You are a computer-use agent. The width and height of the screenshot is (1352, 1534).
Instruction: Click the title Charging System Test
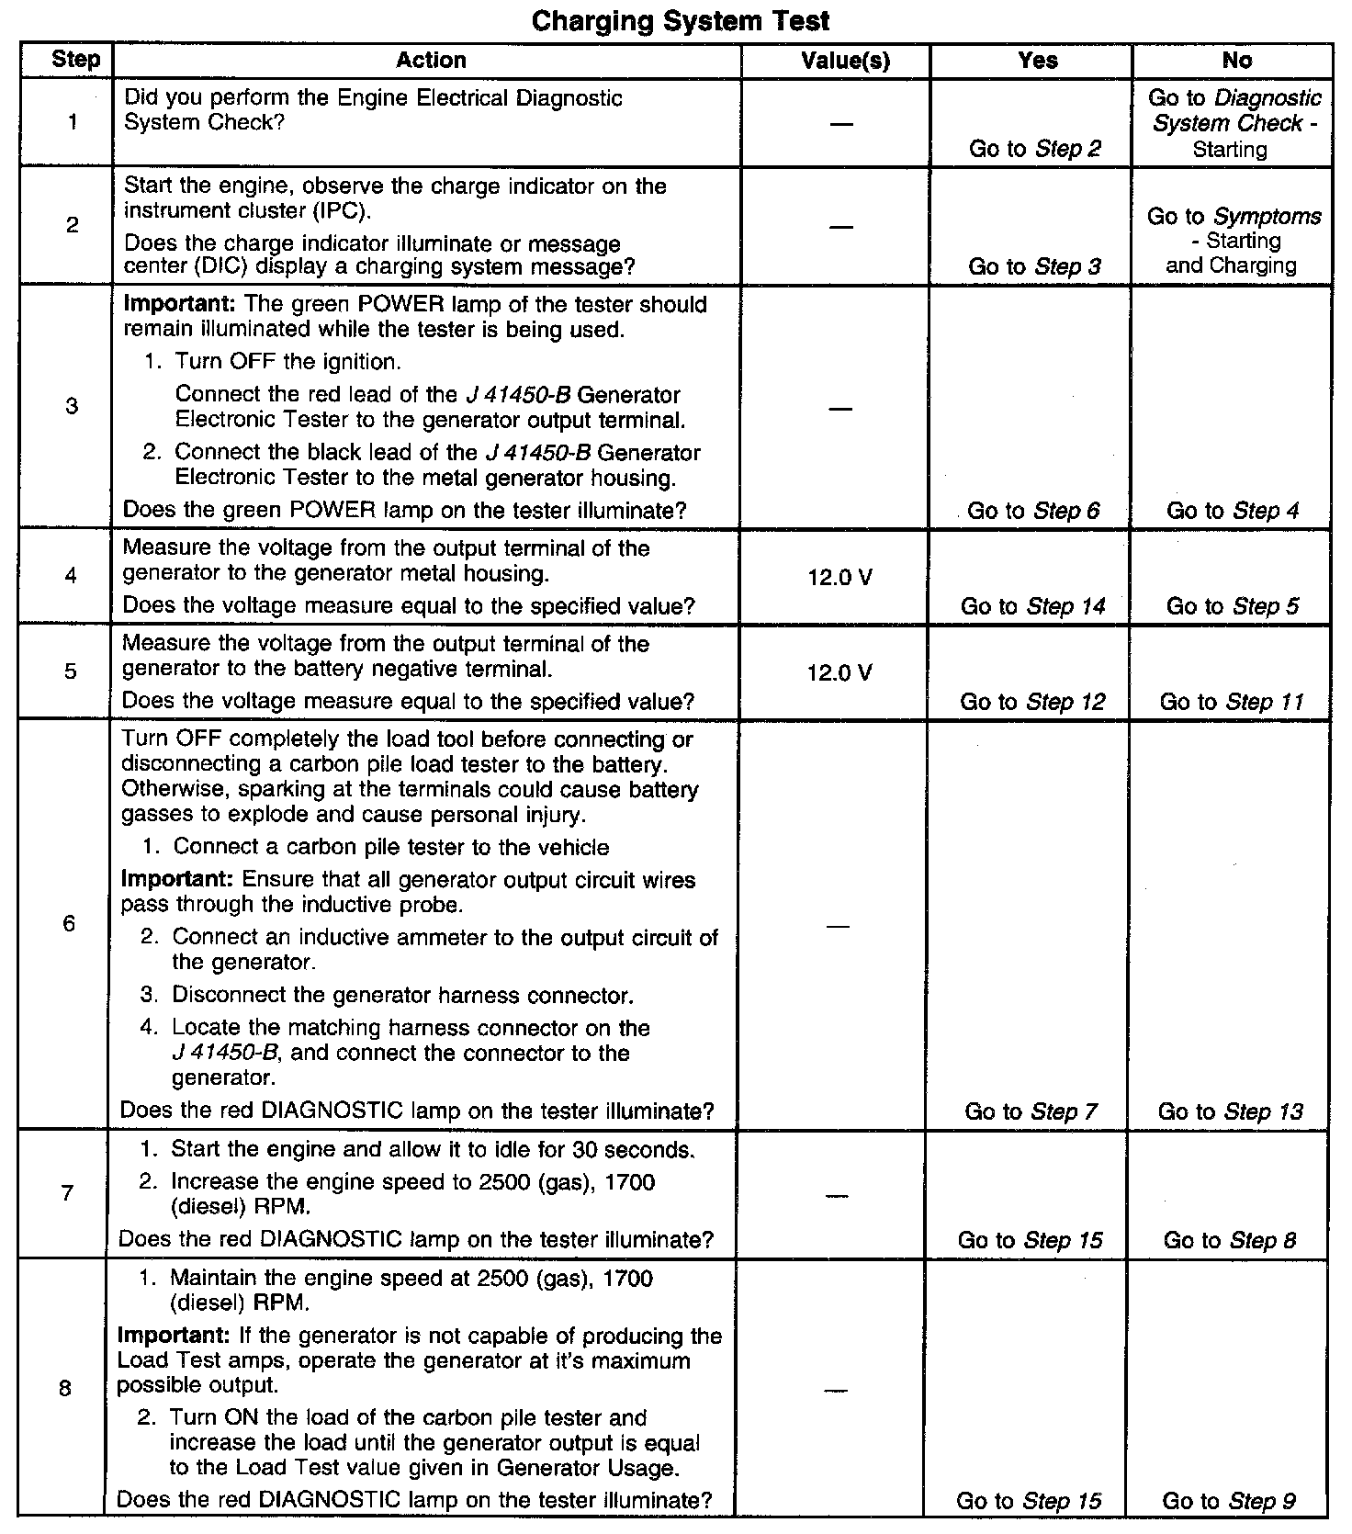pyautogui.click(x=681, y=20)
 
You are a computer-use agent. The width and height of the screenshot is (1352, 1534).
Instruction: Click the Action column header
pyautogui.click(x=431, y=61)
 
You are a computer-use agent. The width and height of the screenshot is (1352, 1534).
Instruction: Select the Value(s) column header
pyautogui.click(x=845, y=61)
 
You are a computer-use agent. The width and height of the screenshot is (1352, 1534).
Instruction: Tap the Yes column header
pyautogui.click(x=1038, y=61)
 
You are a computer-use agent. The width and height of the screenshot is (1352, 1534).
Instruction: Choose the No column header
pyautogui.click(x=1236, y=61)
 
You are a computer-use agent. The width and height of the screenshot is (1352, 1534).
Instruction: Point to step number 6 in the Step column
pyautogui.click(x=70, y=923)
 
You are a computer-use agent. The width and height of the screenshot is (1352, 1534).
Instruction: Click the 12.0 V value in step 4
pyautogui.click(x=839, y=578)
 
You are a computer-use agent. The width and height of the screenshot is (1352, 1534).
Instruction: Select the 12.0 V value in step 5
pyautogui.click(x=839, y=673)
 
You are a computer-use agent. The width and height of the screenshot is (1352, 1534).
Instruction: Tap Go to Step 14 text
pyautogui.click(x=1032, y=606)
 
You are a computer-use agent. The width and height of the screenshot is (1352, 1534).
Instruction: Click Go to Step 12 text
pyautogui.click(x=1032, y=702)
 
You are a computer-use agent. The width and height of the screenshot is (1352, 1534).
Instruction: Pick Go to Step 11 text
pyautogui.click(x=1232, y=702)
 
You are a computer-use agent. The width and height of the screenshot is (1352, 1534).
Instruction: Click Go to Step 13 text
pyautogui.click(x=1230, y=1111)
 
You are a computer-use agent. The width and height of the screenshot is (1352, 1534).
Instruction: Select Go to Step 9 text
pyautogui.click(x=1229, y=1501)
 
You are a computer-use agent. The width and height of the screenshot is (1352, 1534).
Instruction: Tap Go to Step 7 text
pyautogui.click(x=1031, y=1111)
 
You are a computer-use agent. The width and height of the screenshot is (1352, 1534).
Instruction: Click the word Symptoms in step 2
pyautogui.click(x=1267, y=217)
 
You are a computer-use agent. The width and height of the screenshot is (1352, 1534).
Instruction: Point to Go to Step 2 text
pyautogui.click(x=1034, y=149)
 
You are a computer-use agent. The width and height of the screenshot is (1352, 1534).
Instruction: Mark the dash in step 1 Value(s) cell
pyautogui.click(x=839, y=124)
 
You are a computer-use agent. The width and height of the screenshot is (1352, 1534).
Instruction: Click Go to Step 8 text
pyautogui.click(x=1230, y=1240)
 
